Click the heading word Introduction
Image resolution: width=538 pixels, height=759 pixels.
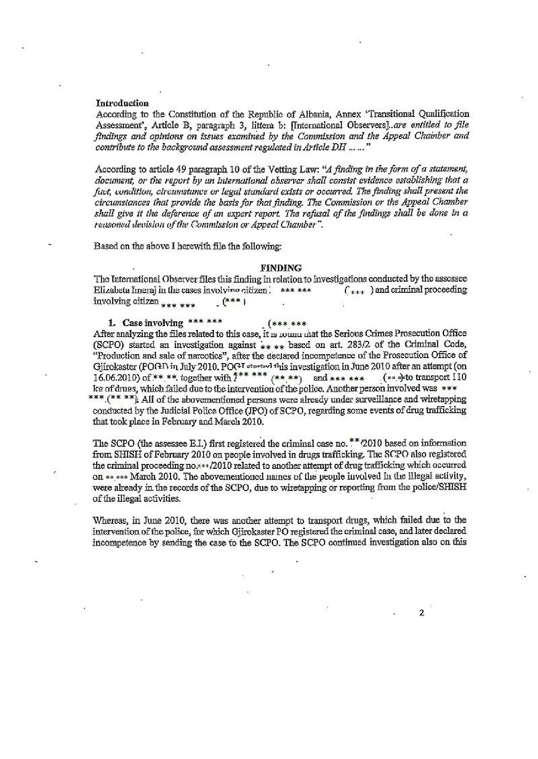point(122,103)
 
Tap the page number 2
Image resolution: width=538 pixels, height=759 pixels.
point(421,613)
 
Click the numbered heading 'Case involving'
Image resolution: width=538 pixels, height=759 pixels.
point(153,323)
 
